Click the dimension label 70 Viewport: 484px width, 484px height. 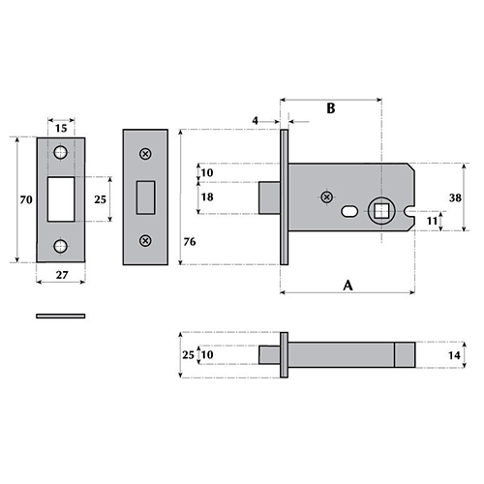(x=26, y=200)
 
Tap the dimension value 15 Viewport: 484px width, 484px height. (x=61, y=129)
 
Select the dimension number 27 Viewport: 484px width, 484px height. (x=62, y=275)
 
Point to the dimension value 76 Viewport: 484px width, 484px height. (x=190, y=242)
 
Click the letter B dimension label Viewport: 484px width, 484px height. (x=331, y=108)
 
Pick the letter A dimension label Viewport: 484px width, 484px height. (x=348, y=286)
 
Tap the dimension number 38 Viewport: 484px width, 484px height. (x=455, y=197)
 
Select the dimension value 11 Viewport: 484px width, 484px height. (x=432, y=222)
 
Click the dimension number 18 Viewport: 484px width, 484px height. (x=207, y=197)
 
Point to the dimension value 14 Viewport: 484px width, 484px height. (x=454, y=355)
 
